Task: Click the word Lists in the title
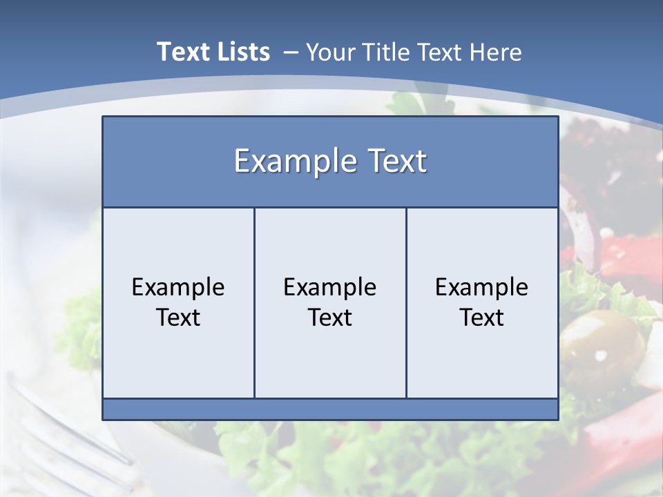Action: (x=242, y=52)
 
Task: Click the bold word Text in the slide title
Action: (x=182, y=52)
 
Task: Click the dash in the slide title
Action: (x=291, y=52)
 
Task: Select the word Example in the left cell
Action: (x=178, y=287)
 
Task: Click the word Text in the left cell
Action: (x=178, y=318)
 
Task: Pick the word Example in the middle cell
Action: (x=330, y=287)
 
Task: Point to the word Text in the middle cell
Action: (x=330, y=318)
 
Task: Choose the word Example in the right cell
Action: (x=481, y=287)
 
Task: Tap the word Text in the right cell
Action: (x=481, y=318)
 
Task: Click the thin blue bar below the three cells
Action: (x=330, y=409)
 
